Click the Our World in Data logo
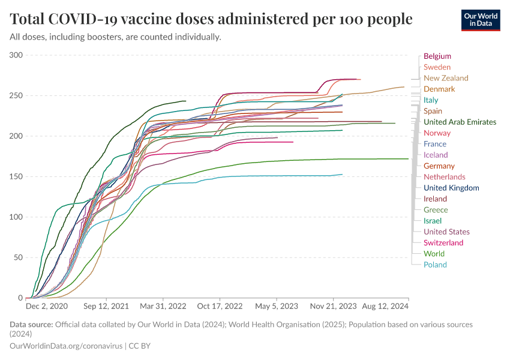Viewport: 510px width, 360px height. [481, 19]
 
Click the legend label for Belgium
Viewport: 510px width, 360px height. [437, 56]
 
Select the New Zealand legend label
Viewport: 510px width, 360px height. [446, 78]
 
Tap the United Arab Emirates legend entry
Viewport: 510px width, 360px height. [460, 122]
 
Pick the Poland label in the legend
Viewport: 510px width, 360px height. [435, 265]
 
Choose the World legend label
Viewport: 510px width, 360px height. [434, 254]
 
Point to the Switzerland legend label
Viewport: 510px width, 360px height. [443, 242]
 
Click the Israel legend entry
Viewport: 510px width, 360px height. [433, 221]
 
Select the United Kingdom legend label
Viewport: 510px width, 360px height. [451, 188]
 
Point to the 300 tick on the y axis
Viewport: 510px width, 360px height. [16, 55]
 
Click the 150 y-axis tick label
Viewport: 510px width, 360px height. [16, 177]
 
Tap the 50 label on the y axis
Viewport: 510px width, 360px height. [19, 257]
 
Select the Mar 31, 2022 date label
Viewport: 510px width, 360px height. [163, 307]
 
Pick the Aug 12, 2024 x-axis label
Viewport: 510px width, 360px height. [385, 307]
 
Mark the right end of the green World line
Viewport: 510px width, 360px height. [408, 159]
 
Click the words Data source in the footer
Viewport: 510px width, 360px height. [31, 325]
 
